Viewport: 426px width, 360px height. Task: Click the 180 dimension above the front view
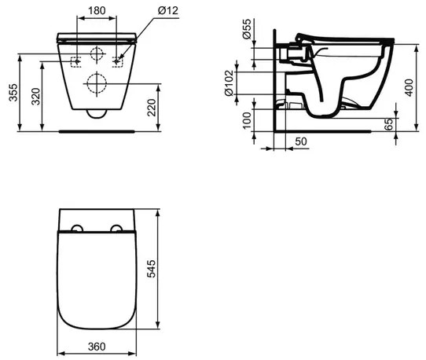97,12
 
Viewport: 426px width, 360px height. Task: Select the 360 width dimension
97,346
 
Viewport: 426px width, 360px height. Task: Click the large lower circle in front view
97,83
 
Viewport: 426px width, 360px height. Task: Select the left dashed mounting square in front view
75,61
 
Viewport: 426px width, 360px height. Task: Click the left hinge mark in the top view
76,229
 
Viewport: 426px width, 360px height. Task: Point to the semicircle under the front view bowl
97,114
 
